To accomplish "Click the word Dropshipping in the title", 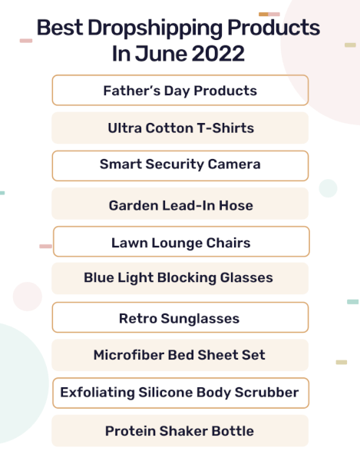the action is (x=156, y=28).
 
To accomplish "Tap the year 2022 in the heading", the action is (x=218, y=54).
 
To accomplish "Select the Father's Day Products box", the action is (x=180, y=90).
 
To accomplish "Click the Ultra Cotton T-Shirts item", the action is (x=180, y=128).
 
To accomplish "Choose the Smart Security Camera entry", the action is (x=180, y=166).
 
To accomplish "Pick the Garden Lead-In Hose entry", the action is (x=180, y=204).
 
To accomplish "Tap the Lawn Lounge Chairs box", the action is (x=181, y=241).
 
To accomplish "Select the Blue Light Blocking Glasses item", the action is (x=180, y=278).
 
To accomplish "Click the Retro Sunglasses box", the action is (x=180, y=317).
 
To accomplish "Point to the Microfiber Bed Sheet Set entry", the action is (x=180, y=355).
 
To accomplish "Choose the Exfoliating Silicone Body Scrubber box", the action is (x=180, y=393).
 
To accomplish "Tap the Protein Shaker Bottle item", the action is (x=180, y=431).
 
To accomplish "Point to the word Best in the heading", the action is (x=60, y=28).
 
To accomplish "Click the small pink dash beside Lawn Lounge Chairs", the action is (x=45, y=246).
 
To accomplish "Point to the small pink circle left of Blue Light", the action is (x=28, y=297).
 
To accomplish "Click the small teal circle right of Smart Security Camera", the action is (x=328, y=188).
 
